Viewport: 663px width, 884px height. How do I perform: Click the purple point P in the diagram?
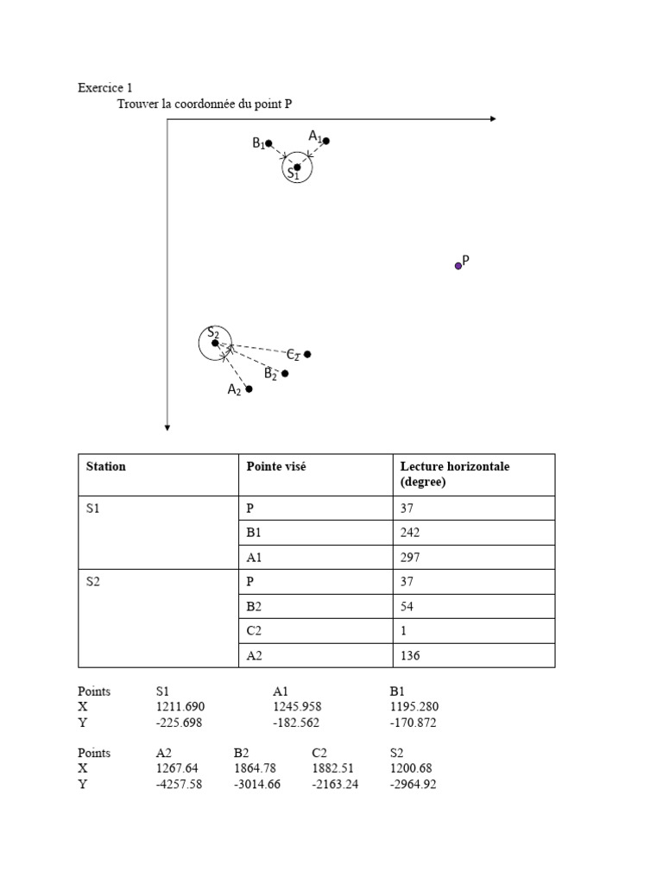click(458, 266)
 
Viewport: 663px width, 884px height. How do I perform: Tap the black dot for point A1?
click(325, 141)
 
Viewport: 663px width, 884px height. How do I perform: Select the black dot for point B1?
click(269, 143)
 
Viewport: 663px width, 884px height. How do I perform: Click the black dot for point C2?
click(307, 354)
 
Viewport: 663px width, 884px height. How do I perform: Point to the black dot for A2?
click(249, 389)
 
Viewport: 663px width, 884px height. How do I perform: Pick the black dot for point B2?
click(285, 373)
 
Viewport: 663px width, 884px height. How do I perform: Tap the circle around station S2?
click(215, 344)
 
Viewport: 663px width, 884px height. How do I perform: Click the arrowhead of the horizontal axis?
click(493, 119)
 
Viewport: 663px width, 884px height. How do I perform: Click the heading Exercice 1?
click(105, 88)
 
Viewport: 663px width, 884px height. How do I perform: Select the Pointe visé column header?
click(275, 466)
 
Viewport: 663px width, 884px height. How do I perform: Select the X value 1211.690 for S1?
click(180, 707)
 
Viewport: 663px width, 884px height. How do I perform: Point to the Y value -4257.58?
click(179, 785)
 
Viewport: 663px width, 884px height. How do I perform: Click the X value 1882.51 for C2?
click(332, 768)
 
